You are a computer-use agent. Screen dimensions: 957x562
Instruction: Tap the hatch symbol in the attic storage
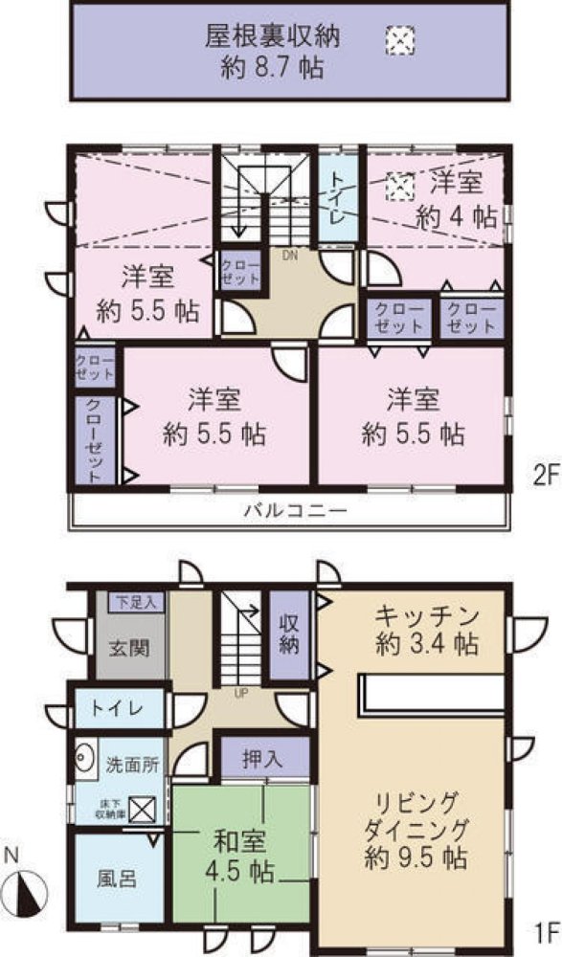[398, 39]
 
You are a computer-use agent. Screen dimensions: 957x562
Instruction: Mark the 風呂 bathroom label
[116, 878]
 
